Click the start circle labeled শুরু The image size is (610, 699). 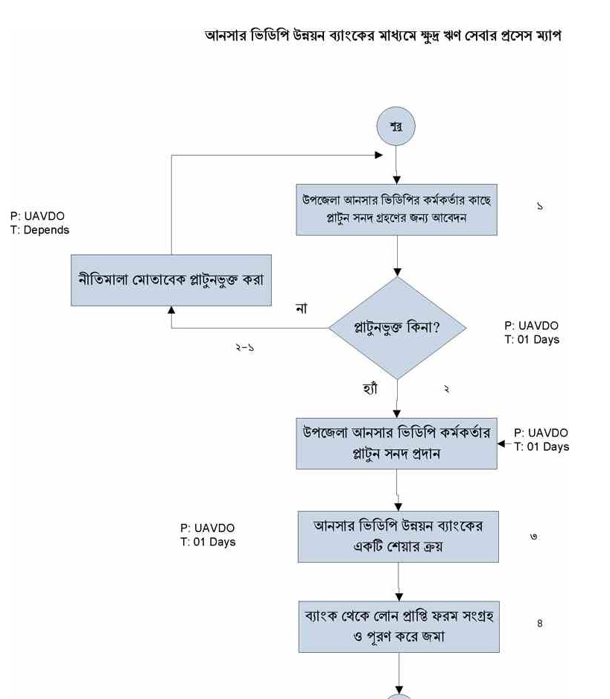point(395,126)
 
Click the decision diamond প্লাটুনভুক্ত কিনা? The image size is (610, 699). point(398,328)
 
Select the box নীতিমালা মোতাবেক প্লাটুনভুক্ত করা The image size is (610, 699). point(171,280)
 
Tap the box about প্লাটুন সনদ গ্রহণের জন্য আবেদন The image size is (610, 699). point(396,209)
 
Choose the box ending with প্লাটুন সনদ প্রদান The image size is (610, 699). point(396,443)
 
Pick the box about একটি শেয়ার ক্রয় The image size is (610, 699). point(398,537)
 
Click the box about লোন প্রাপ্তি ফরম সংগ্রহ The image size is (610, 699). point(398,627)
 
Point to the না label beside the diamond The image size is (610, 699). point(302,308)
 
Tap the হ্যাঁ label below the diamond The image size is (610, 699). point(370,389)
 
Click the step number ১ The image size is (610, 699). point(539,206)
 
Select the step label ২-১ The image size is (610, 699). point(244,347)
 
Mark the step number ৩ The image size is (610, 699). point(533,537)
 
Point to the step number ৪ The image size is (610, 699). point(539,623)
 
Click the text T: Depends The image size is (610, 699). point(39,230)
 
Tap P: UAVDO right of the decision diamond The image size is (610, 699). point(531,326)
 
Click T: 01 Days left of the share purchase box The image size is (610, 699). point(208,542)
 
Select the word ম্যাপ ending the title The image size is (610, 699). point(548,36)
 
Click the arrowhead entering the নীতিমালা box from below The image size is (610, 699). point(171,310)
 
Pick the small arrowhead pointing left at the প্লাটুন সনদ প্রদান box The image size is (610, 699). point(501,443)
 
